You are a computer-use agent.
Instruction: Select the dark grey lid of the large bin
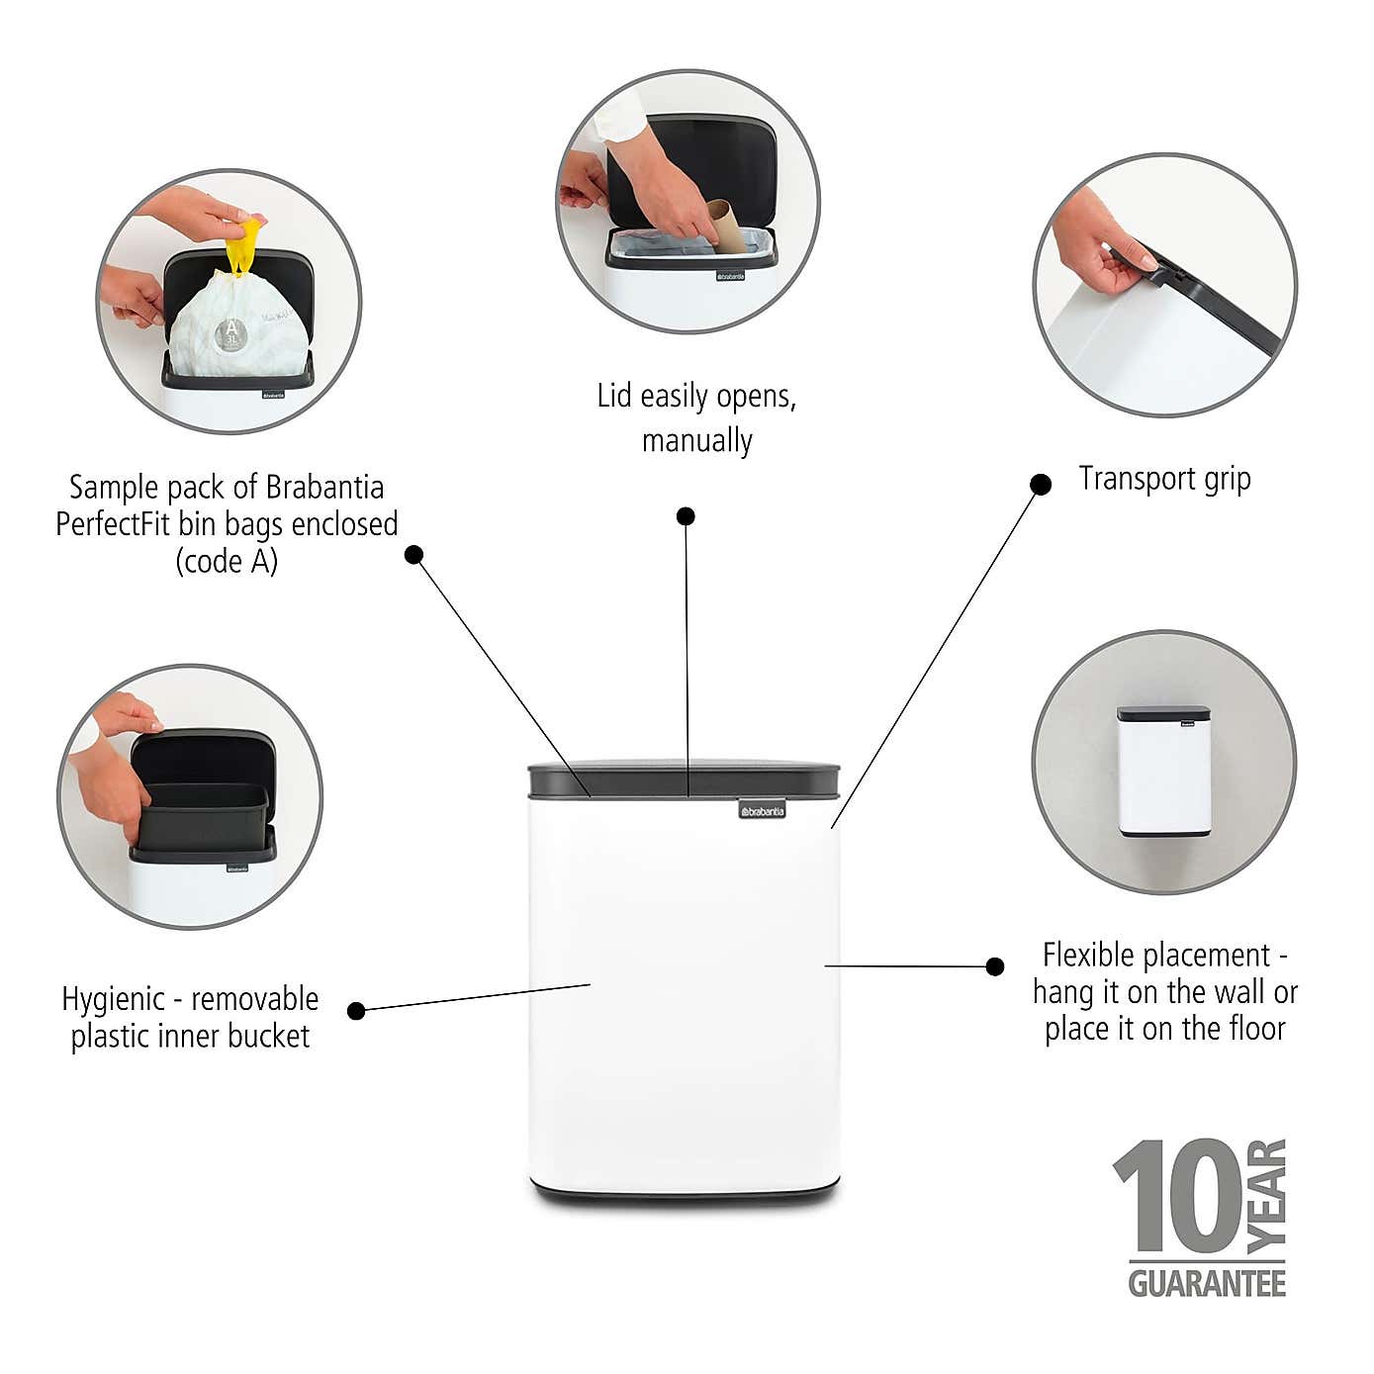[685, 779]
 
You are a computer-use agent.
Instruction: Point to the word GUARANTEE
[1207, 1284]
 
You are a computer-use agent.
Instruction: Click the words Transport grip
[1164, 479]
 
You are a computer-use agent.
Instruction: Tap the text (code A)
[227, 562]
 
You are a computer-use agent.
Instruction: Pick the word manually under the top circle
[696, 440]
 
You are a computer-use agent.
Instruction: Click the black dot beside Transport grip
[1041, 484]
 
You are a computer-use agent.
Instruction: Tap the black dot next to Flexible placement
[995, 966]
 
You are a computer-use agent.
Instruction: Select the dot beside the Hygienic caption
[357, 1010]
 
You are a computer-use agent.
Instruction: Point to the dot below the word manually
[686, 515]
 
